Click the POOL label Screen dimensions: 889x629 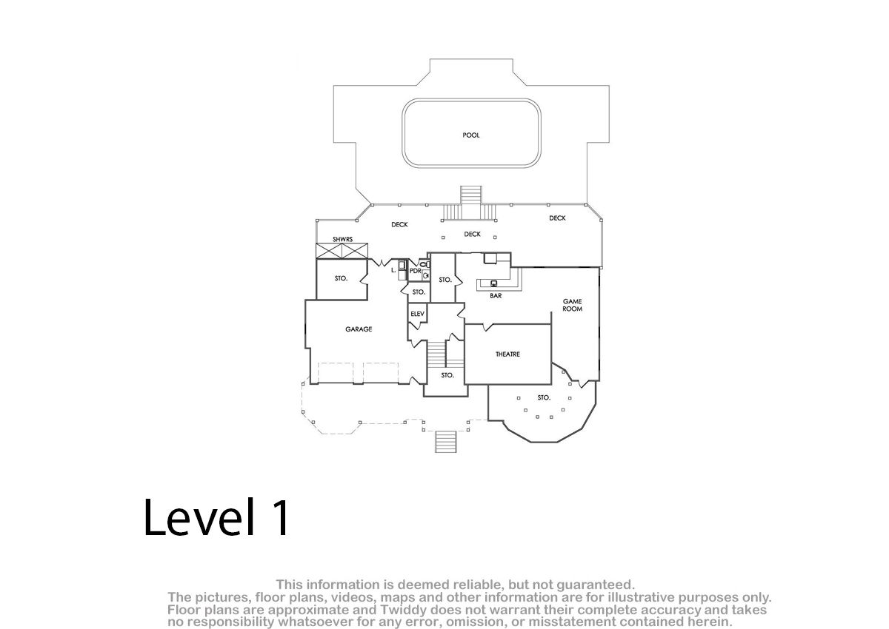[x=470, y=135]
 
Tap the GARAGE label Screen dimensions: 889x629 [x=359, y=329]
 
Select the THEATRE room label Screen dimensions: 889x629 [x=507, y=354]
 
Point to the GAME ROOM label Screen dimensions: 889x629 [x=572, y=305]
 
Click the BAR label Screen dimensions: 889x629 [x=496, y=296]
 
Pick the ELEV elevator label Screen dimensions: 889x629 [x=418, y=314]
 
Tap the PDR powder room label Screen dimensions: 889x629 [x=415, y=271]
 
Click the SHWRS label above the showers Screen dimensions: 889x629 [x=342, y=240]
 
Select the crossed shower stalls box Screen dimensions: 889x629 [x=342, y=251]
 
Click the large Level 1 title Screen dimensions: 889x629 [x=216, y=518]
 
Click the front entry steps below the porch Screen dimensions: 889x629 [x=446, y=442]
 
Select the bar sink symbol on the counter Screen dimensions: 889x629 [x=494, y=283]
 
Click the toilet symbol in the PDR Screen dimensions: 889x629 [x=425, y=264]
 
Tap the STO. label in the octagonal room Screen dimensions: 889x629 [x=544, y=397]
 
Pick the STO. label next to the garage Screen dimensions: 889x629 [x=341, y=279]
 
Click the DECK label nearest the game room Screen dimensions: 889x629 [x=557, y=218]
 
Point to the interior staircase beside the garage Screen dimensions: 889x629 [x=436, y=354]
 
